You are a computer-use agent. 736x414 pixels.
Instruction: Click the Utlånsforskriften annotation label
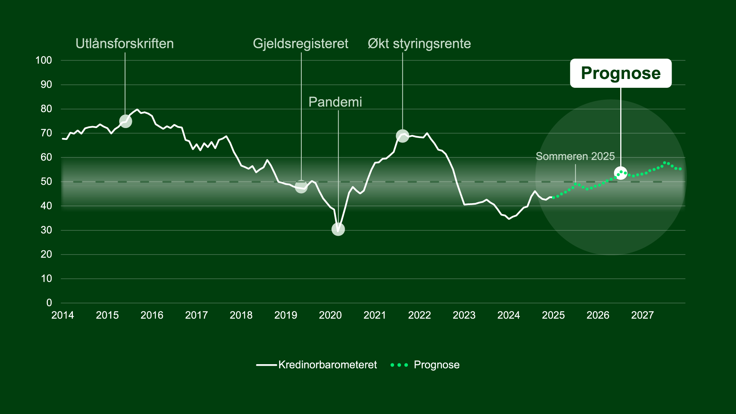tap(125, 44)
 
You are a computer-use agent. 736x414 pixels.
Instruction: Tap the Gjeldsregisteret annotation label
tap(301, 44)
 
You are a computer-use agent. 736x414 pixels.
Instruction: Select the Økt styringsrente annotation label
tap(419, 44)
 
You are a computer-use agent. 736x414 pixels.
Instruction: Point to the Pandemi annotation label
tap(335, 102)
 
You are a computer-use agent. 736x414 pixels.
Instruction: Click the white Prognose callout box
tap(621, 73)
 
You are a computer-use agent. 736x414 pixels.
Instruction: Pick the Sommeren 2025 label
tap(575, 156)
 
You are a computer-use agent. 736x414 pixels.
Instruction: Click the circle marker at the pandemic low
tap(338, 229)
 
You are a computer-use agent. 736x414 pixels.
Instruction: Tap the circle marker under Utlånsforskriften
tap(126, 121)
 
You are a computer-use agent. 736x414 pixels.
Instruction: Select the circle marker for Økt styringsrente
tap(402, 136)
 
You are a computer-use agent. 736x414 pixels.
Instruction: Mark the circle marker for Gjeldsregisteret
tap(301, 187)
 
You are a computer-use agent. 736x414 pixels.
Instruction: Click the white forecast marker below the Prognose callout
tap(621, 173)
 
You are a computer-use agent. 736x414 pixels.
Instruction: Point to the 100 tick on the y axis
tap(44, 60)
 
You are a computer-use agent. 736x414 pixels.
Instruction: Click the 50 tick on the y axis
tap(46, 181)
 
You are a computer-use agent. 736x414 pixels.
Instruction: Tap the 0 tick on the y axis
tap(49, 303)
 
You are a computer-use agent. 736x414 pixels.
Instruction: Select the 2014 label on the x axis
tap(62, 315)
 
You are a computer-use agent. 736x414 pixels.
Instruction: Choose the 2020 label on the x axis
tap(330, 315)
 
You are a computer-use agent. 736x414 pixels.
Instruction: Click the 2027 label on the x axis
tap(642, 315)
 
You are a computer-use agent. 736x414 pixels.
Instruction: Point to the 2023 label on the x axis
tap(464, 315)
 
